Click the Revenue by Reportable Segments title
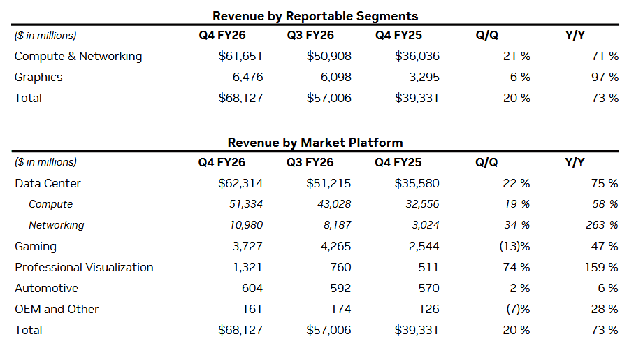pyautogui.click(x=315, y=15)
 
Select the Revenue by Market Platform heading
pyautogui.click(x=315, y=143)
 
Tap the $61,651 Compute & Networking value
pyautogui.click(x=240, y=57)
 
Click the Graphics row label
pyautogui.click(x=38, y=78)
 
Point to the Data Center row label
pyautogui.click(x=48, y=184)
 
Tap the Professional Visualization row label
pyautogui.click(x=84, y=268)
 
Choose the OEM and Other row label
pyautogui.click(x=57, y=310)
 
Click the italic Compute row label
pyautogui.click(x=51, y=205)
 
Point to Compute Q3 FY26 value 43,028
pyautogui.click(x=332, y=205)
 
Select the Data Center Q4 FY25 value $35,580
pyautogui.click(x=417, y=184)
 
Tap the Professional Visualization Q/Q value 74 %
pyautogui.click(x=516, y=268)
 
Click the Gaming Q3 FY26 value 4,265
pyautogui.click(x=335, y=247)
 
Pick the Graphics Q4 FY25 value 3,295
pyautogui.click(x=423, y=78)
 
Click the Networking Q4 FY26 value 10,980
pyautogui.click(x=243, y=225)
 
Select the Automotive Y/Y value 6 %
pyautogui.click(x=608, y=289)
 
